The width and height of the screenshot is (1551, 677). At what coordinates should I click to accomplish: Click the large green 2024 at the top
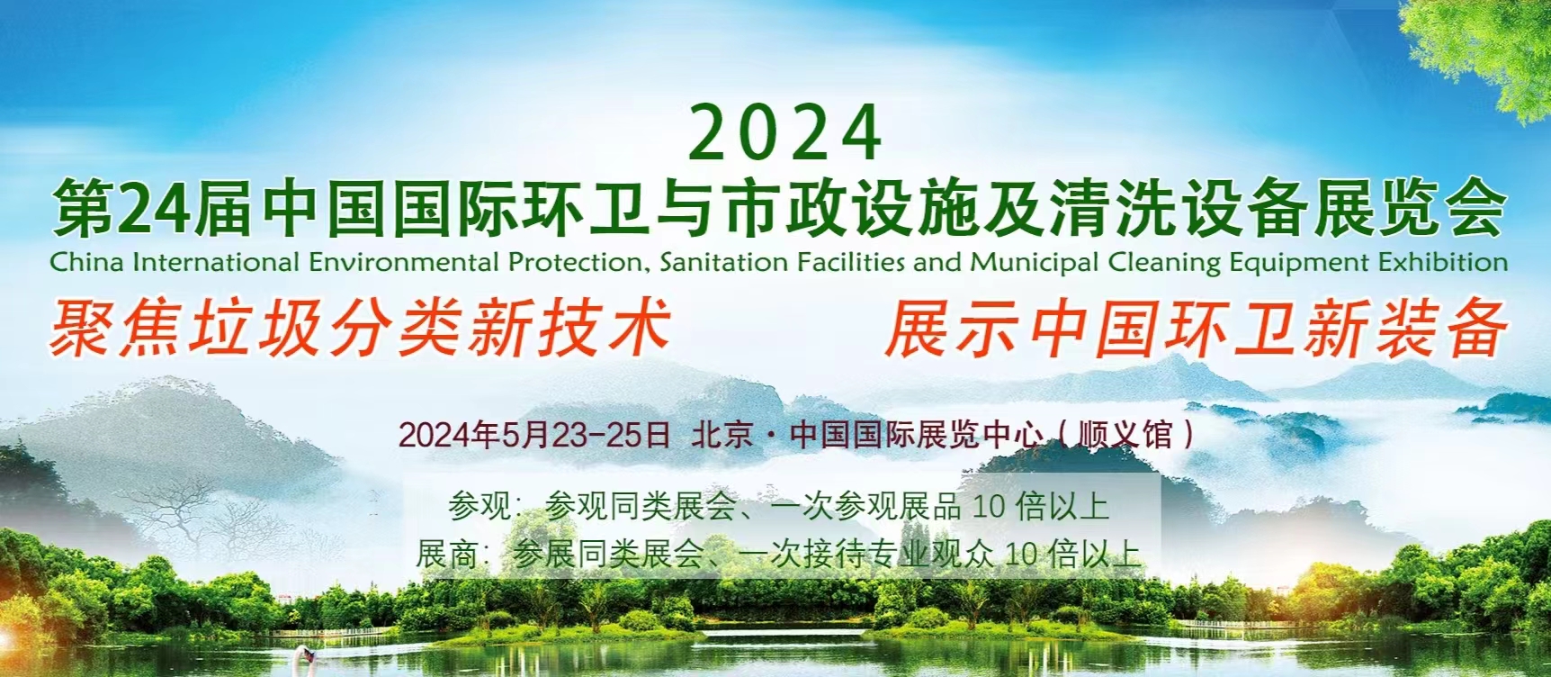point(785,133)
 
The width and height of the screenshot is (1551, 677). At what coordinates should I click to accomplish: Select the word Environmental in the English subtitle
point(403,262)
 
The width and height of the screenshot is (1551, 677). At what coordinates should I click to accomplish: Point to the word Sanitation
point(723,262)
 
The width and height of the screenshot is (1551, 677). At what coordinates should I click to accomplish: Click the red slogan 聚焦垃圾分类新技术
point(361,327)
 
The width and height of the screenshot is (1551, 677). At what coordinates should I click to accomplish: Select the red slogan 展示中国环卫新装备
point(1196,329)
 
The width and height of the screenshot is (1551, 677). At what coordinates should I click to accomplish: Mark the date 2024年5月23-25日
point(534,435)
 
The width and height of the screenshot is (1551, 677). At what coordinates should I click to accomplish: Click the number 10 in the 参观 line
point(988,507)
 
